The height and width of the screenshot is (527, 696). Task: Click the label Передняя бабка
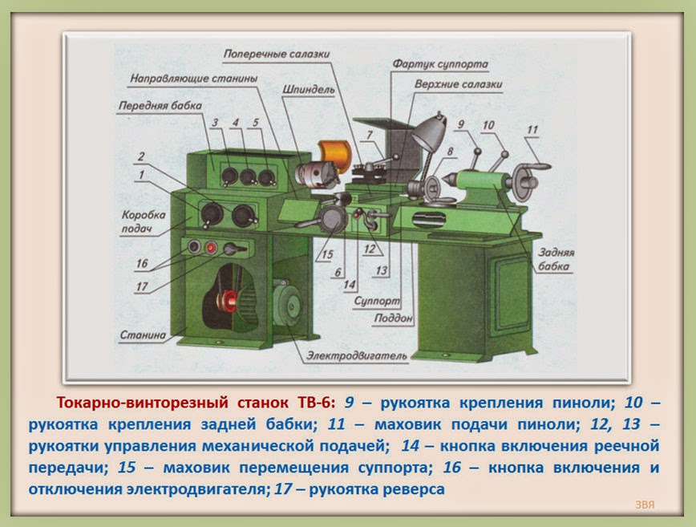pyautogui.click(x=150, y=106)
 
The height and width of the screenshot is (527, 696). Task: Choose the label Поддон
pyautogui.click(x=393, y=318)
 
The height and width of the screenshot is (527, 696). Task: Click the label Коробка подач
pyautogui.click(x=144, y=222)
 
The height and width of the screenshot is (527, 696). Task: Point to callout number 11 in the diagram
pyautogui.click(x=532, y=129)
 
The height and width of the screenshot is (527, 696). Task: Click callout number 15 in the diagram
pyautogui.click(x=324, y=255)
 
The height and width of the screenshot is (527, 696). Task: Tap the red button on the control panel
pyautogui.click(x=211, y=248)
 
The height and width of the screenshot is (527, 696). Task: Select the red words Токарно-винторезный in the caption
pyautogui.click(x=142, y=400)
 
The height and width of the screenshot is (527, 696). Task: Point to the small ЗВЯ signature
pyautogui.click(x=644, y=505)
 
